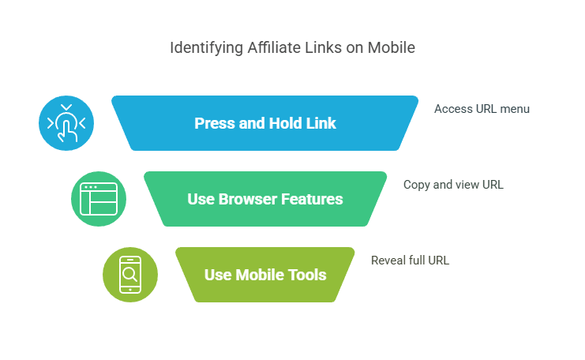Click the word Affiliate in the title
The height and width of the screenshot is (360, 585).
click(271, 48)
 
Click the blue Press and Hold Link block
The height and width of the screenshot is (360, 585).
click(265, 123)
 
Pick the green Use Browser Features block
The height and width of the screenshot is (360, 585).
click(265, 199)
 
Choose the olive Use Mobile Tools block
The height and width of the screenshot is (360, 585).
click(265, 275)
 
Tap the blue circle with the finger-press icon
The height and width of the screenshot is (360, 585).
click(66, 123)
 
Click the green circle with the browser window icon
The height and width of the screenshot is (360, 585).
click(99, 199)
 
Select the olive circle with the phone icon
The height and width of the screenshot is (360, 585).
click(130, 275)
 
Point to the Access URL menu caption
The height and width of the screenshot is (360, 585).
click(482, 109)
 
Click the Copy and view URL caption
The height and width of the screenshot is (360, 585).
click(453, 185)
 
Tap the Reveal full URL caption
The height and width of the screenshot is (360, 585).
click(410, 261)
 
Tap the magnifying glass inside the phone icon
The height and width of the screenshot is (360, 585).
click(130, 274)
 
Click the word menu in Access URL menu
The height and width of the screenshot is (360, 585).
click(514, 109)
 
